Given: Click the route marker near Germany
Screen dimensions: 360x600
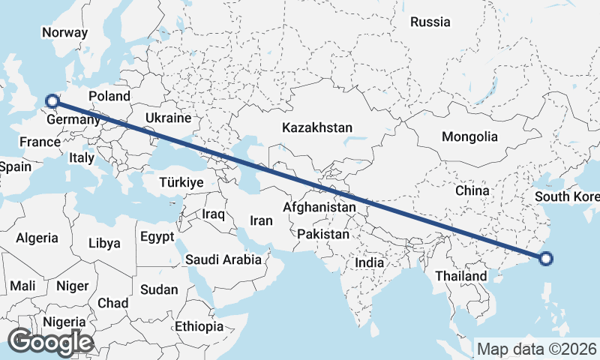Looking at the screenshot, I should (52, 100).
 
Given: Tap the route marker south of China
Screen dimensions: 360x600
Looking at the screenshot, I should (546, 259).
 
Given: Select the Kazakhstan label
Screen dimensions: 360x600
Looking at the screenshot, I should (317, 128).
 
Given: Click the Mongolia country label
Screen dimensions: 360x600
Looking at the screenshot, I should (469, 136).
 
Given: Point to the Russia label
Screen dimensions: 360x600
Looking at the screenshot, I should (430, 22).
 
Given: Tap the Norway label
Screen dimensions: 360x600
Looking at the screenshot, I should (64, 32).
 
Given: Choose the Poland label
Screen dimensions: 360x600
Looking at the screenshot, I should (109, 96).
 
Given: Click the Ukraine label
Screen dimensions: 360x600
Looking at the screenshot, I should (168, 118).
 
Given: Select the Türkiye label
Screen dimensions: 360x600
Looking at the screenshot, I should (181, 182).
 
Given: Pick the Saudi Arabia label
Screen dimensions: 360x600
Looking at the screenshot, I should (223, 260).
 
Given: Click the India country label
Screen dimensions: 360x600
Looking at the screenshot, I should (369, 263).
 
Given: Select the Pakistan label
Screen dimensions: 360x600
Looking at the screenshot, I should (323, 234).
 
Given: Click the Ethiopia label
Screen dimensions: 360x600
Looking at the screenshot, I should (199, 326).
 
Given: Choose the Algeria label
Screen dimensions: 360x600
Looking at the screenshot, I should (37, 238).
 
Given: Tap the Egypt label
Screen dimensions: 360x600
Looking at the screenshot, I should (157, 236).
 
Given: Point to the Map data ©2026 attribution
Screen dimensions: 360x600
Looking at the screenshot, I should (537, 349).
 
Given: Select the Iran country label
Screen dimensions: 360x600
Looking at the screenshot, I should (260, 220).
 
